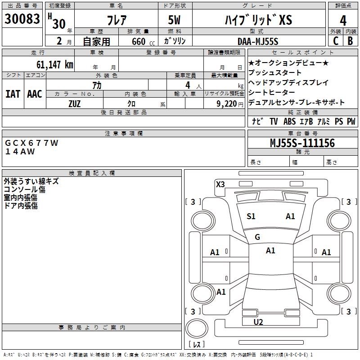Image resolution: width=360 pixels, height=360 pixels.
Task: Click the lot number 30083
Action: click(22, 19)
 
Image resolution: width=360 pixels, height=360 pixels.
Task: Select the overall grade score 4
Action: click(343, 21)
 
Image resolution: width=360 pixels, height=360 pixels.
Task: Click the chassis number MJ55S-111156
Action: click(302, 143)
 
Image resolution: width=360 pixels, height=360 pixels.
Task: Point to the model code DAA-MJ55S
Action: click(258, 41)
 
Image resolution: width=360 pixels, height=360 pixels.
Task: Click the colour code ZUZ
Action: click(75, 103)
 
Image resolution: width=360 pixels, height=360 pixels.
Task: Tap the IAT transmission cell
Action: click(13, 94)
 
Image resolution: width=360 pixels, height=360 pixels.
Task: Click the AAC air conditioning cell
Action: click(35, 94)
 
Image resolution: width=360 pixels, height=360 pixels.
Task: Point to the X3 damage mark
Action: click(220, 184)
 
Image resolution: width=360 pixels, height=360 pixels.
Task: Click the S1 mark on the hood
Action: click(251, 216)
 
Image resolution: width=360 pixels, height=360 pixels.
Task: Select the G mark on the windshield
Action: click(257, 237)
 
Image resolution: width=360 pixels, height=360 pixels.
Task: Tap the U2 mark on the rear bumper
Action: click(258, 322)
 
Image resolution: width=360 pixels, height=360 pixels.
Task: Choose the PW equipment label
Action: click(351, 121)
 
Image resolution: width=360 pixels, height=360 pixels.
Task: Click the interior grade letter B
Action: click(350, 41)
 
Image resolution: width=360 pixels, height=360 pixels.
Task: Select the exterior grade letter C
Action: click(335, 41)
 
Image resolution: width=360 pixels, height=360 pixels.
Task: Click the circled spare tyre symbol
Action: click(197, 328)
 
